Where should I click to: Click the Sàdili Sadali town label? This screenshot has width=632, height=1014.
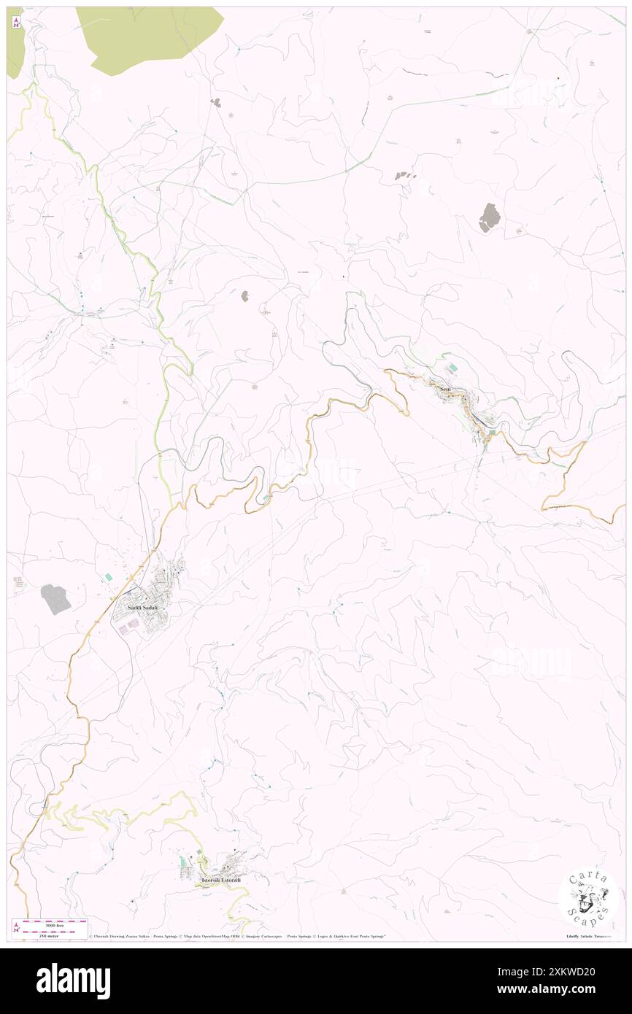click(x=142, y=608)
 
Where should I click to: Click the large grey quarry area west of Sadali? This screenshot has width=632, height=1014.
click(x=55, y=599)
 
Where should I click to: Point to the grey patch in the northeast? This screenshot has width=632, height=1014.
click(x=489, y=217)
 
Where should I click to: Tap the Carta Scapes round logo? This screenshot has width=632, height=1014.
click(x=588, y=897)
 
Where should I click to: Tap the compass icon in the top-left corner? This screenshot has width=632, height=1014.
click(x=16, y=23)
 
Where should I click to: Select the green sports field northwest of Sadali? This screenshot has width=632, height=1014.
click(x=109, y=576)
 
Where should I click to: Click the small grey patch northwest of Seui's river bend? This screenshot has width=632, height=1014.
click(x=244, y=295)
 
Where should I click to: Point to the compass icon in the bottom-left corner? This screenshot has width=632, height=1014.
click(x=16, y=927)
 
